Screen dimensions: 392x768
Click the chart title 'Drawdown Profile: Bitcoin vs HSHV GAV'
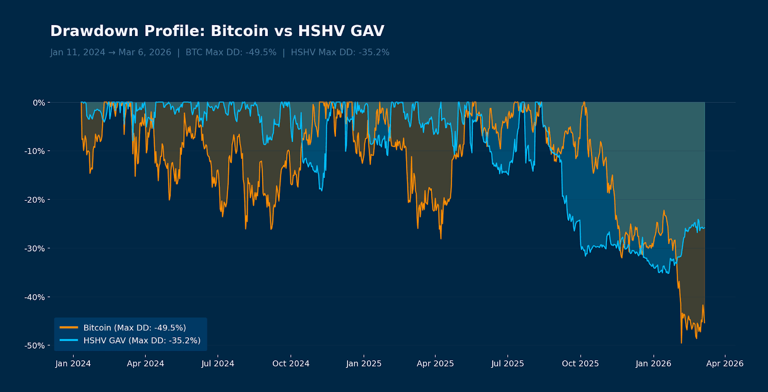click(217, 31)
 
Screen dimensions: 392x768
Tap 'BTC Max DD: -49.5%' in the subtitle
click(231, 52)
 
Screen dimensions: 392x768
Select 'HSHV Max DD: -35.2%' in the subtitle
click(340, 52)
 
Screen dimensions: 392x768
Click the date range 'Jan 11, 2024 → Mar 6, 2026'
click(110, 52)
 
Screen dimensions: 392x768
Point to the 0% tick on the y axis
click(39, 103)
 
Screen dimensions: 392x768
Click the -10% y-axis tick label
click(35, 151)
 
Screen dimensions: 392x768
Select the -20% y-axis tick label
click(35, 200)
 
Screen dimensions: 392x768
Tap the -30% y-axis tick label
click(35, 248)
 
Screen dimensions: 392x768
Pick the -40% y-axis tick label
click(35, 297)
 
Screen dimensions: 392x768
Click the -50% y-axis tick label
click(35, 346)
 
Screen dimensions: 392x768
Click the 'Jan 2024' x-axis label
click(73, 364)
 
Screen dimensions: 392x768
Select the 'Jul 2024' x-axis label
click(217, 364)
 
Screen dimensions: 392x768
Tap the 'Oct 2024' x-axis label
click(290, 364)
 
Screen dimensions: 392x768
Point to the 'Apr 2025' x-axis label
click(435, 364)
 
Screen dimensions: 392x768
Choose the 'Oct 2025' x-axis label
click(580, 364)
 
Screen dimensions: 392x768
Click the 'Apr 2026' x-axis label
click(724, 364)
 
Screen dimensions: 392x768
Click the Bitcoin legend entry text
click(134, 328)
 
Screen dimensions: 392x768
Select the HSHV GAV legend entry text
click(142, 341)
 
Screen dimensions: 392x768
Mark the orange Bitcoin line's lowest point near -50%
click(681, 343)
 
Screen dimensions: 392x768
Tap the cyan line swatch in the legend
click(69, 341)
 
